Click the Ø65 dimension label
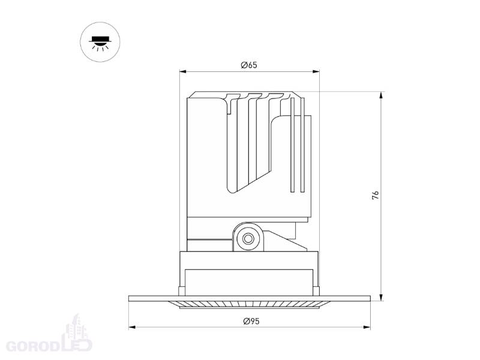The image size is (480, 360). tap(249, 65)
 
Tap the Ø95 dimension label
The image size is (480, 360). tap(251, 321)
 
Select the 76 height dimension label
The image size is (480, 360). tap(376, 196)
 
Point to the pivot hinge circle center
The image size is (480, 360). tap(248, 238)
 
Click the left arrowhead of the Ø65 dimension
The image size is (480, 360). tap(183, 71)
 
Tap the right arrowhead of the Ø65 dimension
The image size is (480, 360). tap(316, 71)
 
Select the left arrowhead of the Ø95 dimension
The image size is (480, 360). tap(132, 328)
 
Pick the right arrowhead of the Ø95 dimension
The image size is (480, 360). tap(367, 328)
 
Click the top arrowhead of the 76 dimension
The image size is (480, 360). tap(381, 95)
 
